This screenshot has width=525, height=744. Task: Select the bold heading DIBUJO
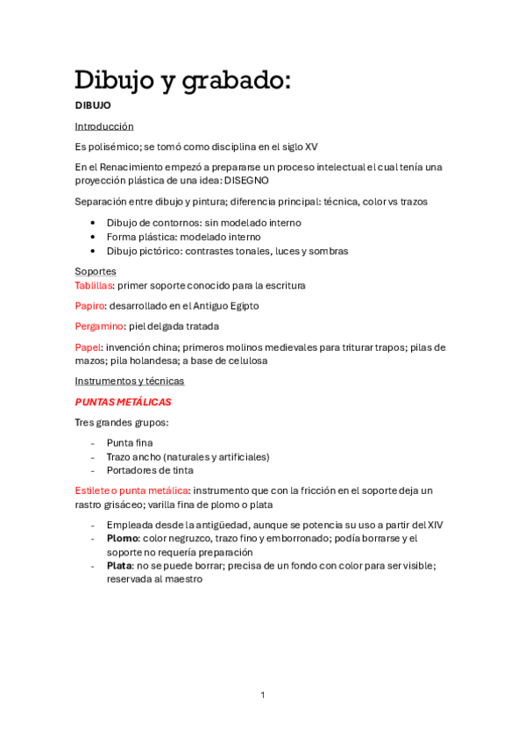(x=93, y=105)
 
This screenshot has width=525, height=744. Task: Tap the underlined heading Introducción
(x=104, y=126)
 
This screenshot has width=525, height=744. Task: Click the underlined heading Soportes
(x=96, y=271)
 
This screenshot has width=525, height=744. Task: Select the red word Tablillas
(x=94, y=285)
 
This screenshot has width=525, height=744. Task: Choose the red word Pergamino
(x=100, y=326)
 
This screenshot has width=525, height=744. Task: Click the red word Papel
(x=88, y=347)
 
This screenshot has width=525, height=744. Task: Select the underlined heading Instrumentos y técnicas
(x=130, y=381)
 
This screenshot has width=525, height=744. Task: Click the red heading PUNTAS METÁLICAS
(x=123, y=402)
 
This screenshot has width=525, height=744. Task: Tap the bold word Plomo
(x=123, y=538)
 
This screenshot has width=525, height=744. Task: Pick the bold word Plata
(x=119, y=566)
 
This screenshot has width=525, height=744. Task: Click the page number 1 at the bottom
(x=262, y=695)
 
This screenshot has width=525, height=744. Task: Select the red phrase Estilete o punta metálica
(x=131, y=490)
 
